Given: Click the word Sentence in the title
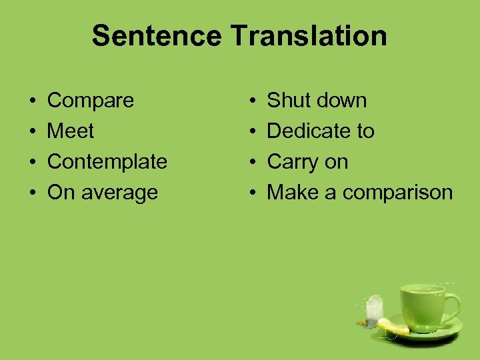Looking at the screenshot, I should pos(158,36).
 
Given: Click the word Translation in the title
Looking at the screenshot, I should pos(309,36).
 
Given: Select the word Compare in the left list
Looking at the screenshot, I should pos(91,101).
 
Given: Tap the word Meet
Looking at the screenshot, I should pos(71,131).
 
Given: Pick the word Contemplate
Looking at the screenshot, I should pos(107,162).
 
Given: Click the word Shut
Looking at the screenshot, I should pos(287,101).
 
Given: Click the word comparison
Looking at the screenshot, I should pos(398,193).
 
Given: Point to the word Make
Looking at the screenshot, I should pos(291,193).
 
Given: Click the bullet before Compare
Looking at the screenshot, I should pos(33,101).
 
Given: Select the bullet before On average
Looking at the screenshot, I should pos(33,193).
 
